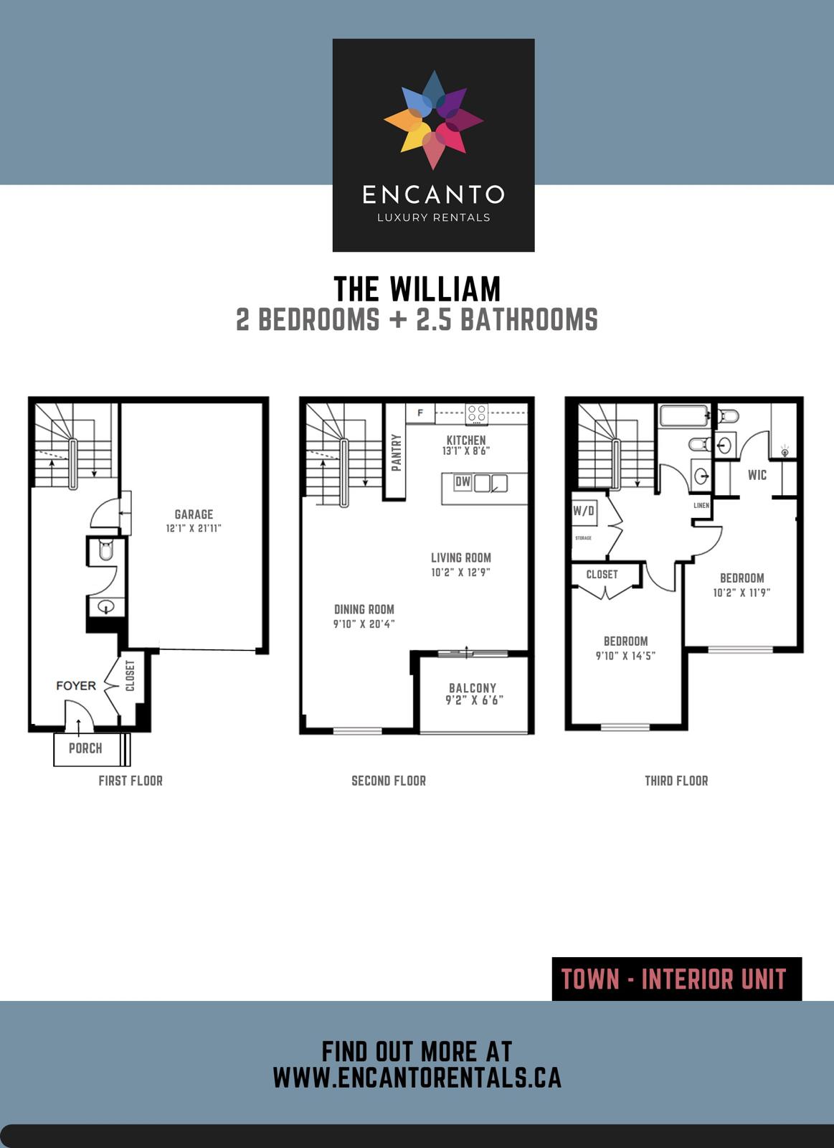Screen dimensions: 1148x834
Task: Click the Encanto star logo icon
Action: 433,120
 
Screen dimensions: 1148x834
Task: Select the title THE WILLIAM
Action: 417,289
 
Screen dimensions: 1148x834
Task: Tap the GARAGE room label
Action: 194,514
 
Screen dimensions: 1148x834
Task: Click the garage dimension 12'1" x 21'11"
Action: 194,528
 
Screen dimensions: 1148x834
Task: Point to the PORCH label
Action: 85,748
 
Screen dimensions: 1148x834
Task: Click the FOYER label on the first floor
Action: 76,686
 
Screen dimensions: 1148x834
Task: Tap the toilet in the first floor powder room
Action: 106,551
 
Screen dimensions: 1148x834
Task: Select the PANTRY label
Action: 396,452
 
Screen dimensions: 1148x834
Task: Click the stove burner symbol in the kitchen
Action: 477,414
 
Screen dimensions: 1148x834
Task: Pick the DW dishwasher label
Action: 463,482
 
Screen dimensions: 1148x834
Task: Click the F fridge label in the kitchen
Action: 420,413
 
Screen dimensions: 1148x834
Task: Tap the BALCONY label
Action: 473,687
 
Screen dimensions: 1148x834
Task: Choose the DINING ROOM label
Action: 364,609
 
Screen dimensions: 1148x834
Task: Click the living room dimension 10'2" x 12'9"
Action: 460,573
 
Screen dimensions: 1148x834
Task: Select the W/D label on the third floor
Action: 584,511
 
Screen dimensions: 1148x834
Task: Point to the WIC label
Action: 757,475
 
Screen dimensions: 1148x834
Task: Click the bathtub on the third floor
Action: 683,417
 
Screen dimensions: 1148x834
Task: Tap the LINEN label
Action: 701,505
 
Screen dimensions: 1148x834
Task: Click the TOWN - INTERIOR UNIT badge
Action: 676,979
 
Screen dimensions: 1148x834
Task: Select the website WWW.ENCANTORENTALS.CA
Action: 417,1078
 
